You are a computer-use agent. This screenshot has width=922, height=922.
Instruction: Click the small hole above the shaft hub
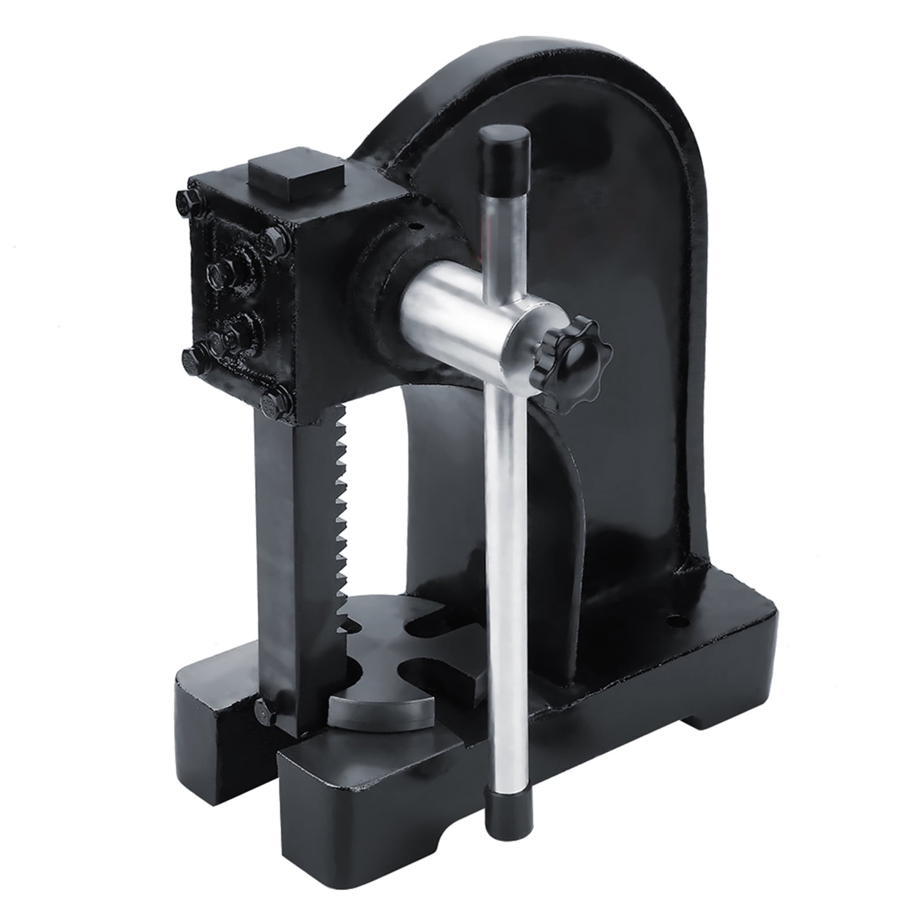pos(412,226)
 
